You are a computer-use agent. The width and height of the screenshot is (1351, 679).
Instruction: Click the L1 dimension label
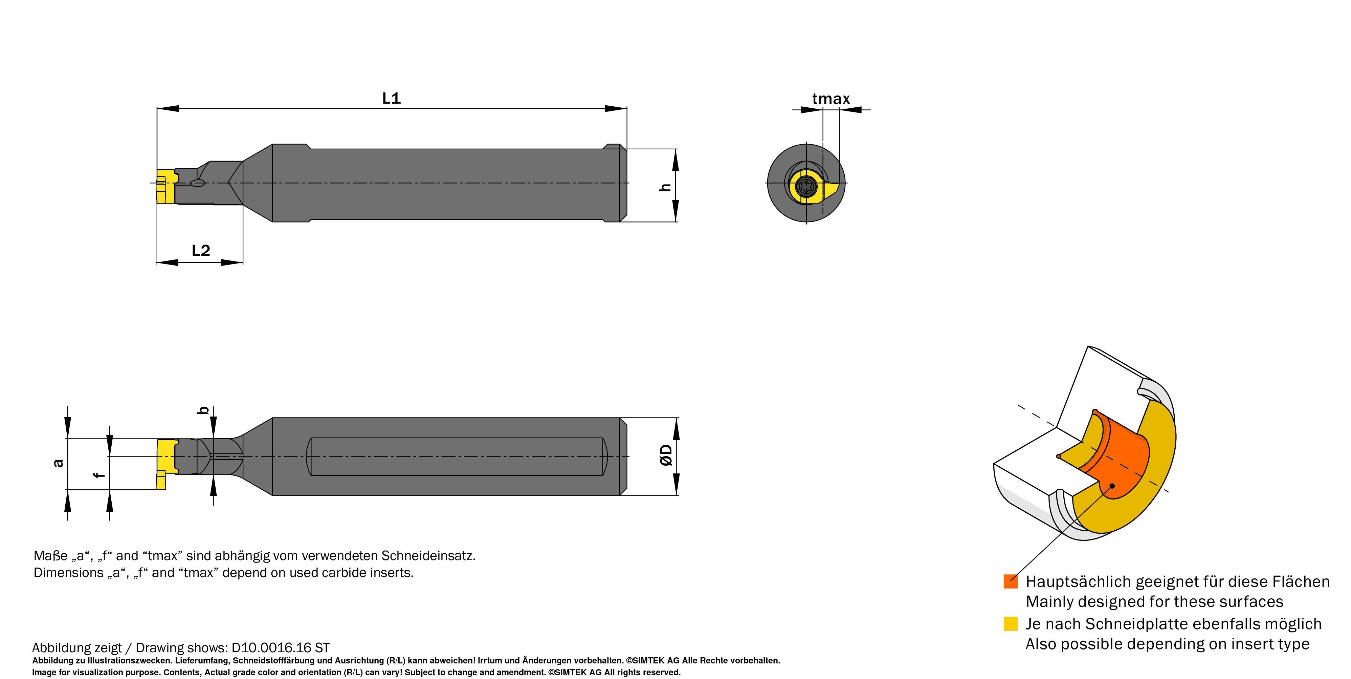tap(391, 98)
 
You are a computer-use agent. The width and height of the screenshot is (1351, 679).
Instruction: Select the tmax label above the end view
tap(831, 99)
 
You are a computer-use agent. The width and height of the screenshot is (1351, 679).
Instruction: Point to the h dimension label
tap(665, 187)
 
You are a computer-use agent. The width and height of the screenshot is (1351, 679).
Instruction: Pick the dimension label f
tap(99, 475)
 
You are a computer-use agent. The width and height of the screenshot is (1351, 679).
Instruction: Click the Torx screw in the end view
tap(806, 186)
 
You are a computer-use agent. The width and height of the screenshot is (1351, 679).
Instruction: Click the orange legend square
tap(1010, 581)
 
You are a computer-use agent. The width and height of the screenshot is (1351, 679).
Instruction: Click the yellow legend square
tap(1010, 623)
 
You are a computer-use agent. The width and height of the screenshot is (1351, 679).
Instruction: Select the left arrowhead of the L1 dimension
tap(168, 109)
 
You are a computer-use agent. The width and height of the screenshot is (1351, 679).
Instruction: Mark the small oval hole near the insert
tap(198, 183)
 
